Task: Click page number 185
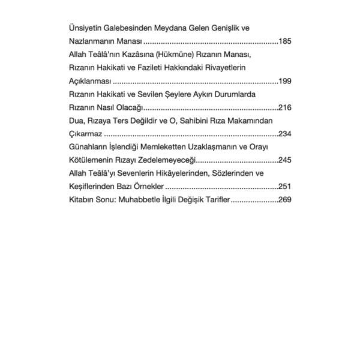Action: tap(284, 41)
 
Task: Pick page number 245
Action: tap(284, 160)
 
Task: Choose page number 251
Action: tap(284, 187)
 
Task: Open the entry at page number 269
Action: tap(284, 200)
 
